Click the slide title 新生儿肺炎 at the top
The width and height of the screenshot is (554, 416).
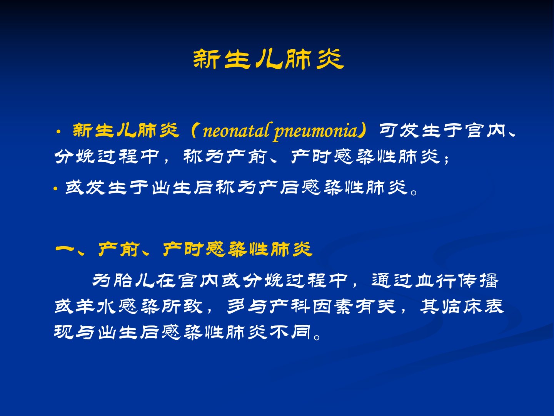click(x=268, y=59)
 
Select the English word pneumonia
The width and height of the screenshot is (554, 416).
click(x=316, y=132)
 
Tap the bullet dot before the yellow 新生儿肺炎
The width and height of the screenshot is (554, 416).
click(x=58, y=132)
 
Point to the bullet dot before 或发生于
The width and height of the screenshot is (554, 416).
click(x=55, y=189)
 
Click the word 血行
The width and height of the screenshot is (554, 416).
click(x=436, y=280)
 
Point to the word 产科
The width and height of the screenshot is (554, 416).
click(x=289, y=307)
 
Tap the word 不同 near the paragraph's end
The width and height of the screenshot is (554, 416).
click(x=290, y=332)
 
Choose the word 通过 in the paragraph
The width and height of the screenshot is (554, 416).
click(x=392, y=280)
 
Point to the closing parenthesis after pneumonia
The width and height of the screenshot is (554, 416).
click(x=363, y=131)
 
